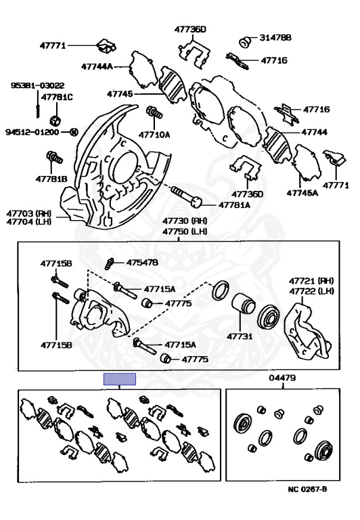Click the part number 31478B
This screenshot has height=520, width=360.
coord(275,38)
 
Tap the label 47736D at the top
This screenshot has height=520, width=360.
coord(190,29)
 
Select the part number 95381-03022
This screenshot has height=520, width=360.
coord(37,85)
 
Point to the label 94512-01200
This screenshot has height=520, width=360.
coord(32,132)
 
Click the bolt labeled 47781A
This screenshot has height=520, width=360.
coord(186,196)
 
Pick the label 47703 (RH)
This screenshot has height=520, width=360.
coord(29,213)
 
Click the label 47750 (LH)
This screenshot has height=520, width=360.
coord(185,231)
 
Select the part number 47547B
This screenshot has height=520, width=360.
coord(142,263)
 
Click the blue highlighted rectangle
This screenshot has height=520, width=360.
coord(120,379)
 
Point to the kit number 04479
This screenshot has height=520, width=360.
coord(282,378)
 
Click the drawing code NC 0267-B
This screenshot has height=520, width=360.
coord(307,489)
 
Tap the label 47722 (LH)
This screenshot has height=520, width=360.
coord(311,291)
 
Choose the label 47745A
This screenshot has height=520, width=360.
coord(302,193)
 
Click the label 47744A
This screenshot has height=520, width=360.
coord(97,66)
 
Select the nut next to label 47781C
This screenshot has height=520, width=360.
coord(55,120)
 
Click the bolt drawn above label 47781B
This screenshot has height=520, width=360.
coord(54,157)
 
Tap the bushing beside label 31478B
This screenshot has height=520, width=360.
coord(245,42)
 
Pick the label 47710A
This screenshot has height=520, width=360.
coord(154,135)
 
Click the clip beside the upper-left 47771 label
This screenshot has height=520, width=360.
coord(106,47)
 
